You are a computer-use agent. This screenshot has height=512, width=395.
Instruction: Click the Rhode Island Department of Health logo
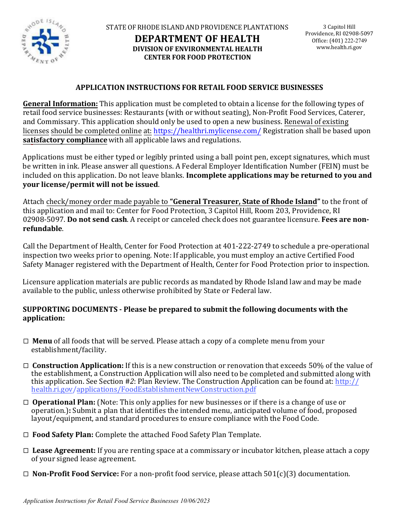[45, 42]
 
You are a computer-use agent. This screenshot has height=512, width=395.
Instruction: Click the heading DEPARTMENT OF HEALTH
[197, 39]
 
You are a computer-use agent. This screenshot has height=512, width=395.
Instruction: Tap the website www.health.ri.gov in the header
[339, 47]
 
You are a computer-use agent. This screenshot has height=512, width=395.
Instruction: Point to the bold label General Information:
[60, 104]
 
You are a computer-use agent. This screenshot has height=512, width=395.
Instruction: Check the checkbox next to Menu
[26, 341]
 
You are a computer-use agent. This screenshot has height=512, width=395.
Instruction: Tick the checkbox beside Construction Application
[26, 366]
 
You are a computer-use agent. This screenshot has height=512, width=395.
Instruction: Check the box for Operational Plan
[26, 403]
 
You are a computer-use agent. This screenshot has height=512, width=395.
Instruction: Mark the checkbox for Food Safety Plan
[26, 435]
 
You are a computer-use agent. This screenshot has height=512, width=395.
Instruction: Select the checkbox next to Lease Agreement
[26, 451]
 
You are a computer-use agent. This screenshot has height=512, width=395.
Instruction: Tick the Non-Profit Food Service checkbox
[26, 474]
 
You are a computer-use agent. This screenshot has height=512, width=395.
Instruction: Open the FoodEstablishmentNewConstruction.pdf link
[166, 390]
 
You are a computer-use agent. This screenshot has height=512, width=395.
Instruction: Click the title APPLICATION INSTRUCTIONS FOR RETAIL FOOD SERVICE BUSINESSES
[199, 88]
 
